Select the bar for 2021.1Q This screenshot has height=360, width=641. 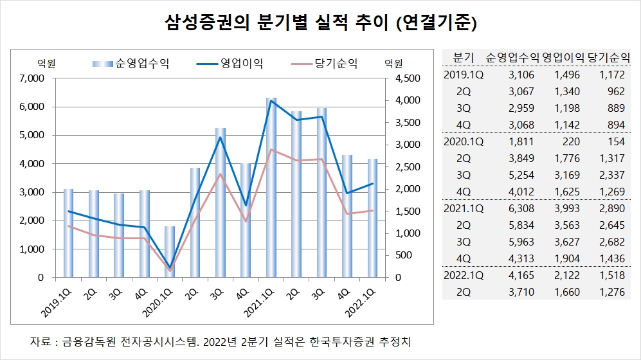tap(271, 187)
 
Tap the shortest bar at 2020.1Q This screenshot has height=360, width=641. tap(170, 251)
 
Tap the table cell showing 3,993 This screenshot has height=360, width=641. tap(565, 210)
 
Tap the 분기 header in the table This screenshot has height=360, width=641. tap(464, 56)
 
